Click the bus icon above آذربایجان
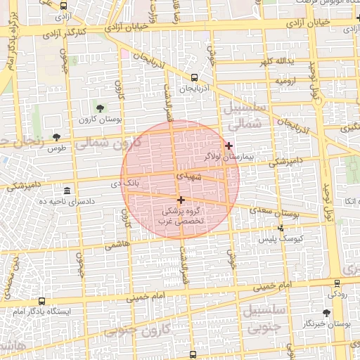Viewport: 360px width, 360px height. (194, 77)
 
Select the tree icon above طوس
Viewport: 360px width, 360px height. (56, 137)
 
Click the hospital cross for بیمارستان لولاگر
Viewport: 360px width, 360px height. (229, 146)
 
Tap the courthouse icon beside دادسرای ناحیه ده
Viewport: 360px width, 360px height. (67, 191)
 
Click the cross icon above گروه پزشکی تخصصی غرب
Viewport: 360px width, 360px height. (181, 200)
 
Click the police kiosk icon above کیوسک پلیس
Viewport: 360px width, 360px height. (282, 227)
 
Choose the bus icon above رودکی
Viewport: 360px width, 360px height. (336, 283)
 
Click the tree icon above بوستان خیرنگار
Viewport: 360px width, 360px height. (326, 312)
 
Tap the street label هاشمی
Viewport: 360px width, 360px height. (117, 246)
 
